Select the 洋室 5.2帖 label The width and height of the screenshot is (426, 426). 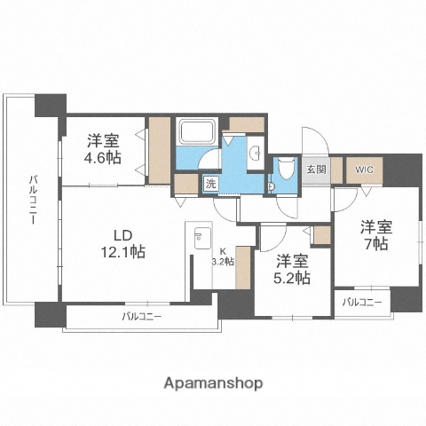[291, 269]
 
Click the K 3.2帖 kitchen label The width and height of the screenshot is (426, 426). [222, 256]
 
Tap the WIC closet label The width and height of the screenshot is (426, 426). [364, 169]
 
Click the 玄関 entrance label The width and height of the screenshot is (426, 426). [316, 169]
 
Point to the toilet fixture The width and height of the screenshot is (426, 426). [286, 168]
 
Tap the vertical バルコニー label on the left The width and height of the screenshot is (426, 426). [31, 200]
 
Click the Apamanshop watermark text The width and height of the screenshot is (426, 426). [212, 383]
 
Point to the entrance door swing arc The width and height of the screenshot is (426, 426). [312, 140]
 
